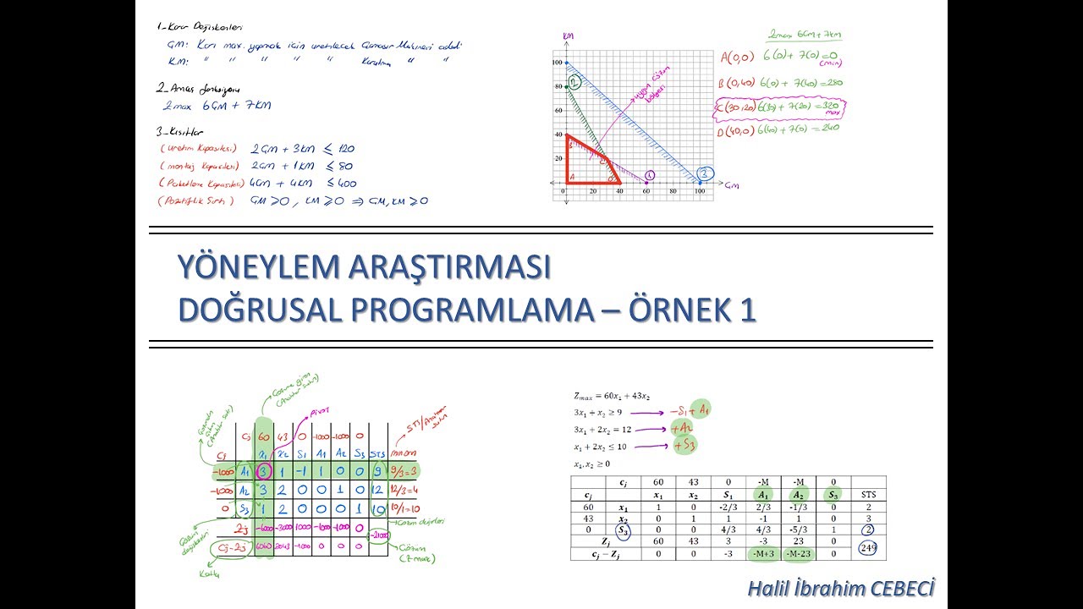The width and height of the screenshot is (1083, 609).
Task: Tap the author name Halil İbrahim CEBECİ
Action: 841,589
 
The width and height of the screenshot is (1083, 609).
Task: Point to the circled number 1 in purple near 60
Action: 650,175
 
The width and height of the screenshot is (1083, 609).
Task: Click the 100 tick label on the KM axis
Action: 557,63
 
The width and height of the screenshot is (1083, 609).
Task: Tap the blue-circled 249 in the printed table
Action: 868,547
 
